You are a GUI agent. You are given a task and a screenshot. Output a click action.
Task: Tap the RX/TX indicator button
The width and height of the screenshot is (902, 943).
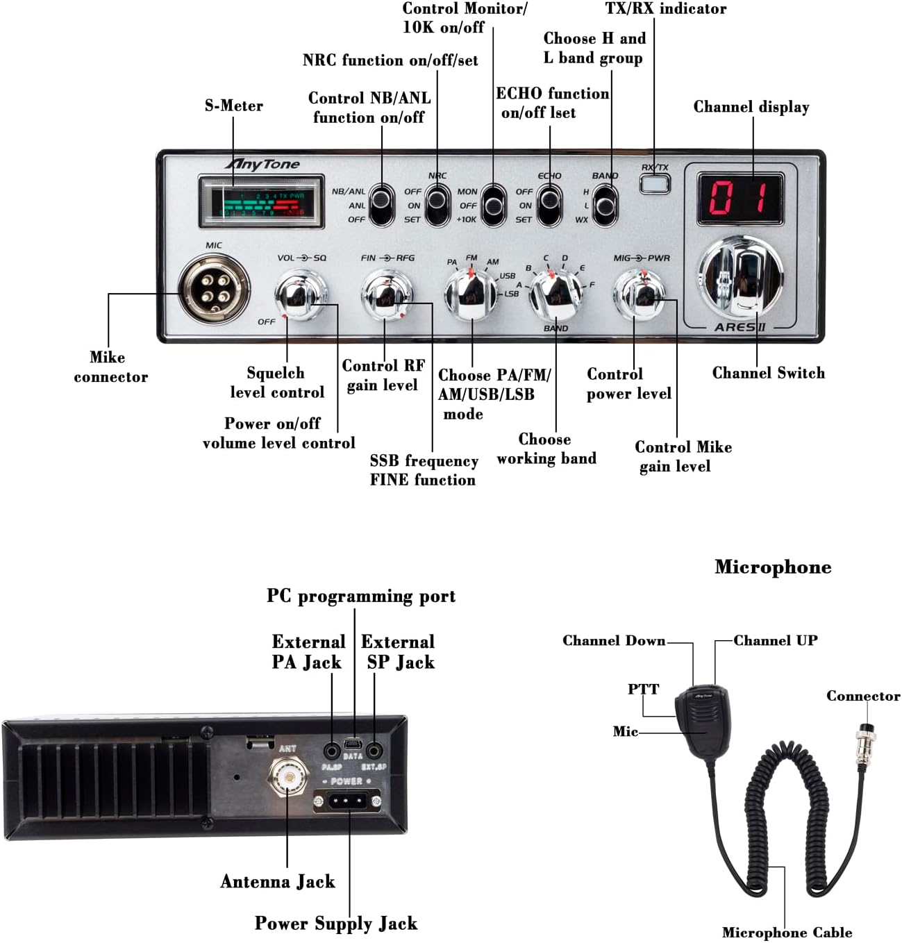(x=655, y=183)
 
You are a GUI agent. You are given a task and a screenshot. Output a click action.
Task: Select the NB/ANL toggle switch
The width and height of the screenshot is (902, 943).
(x=381, y=204)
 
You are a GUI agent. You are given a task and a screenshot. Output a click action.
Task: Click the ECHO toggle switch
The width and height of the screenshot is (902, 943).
(x=549, y=204)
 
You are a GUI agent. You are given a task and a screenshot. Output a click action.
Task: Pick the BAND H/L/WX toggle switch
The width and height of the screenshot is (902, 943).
(x=605, y=205)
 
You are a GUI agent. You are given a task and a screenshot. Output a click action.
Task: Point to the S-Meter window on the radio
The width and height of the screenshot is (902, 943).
(x=261, y=202)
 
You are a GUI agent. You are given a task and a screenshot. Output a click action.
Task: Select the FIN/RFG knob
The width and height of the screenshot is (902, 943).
(x=387, y=294)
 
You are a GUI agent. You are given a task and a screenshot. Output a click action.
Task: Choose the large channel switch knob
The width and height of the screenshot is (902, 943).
(x=740, y=275)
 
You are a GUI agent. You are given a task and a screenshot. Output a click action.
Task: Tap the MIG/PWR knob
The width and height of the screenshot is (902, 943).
(x=640, y=294)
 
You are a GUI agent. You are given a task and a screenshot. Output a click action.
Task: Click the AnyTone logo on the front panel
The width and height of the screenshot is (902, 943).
(x=262, y=165)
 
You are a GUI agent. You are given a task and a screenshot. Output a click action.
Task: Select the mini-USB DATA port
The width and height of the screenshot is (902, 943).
(x=353, y=744)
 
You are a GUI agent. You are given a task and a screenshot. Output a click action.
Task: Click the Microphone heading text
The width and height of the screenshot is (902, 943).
(x=773, y=567)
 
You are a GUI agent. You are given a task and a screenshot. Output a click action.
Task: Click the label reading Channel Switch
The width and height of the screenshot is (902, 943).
(x=768, y=373)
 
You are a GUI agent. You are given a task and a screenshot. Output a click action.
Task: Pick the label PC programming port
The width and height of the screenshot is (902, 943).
(x=361, y=596)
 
